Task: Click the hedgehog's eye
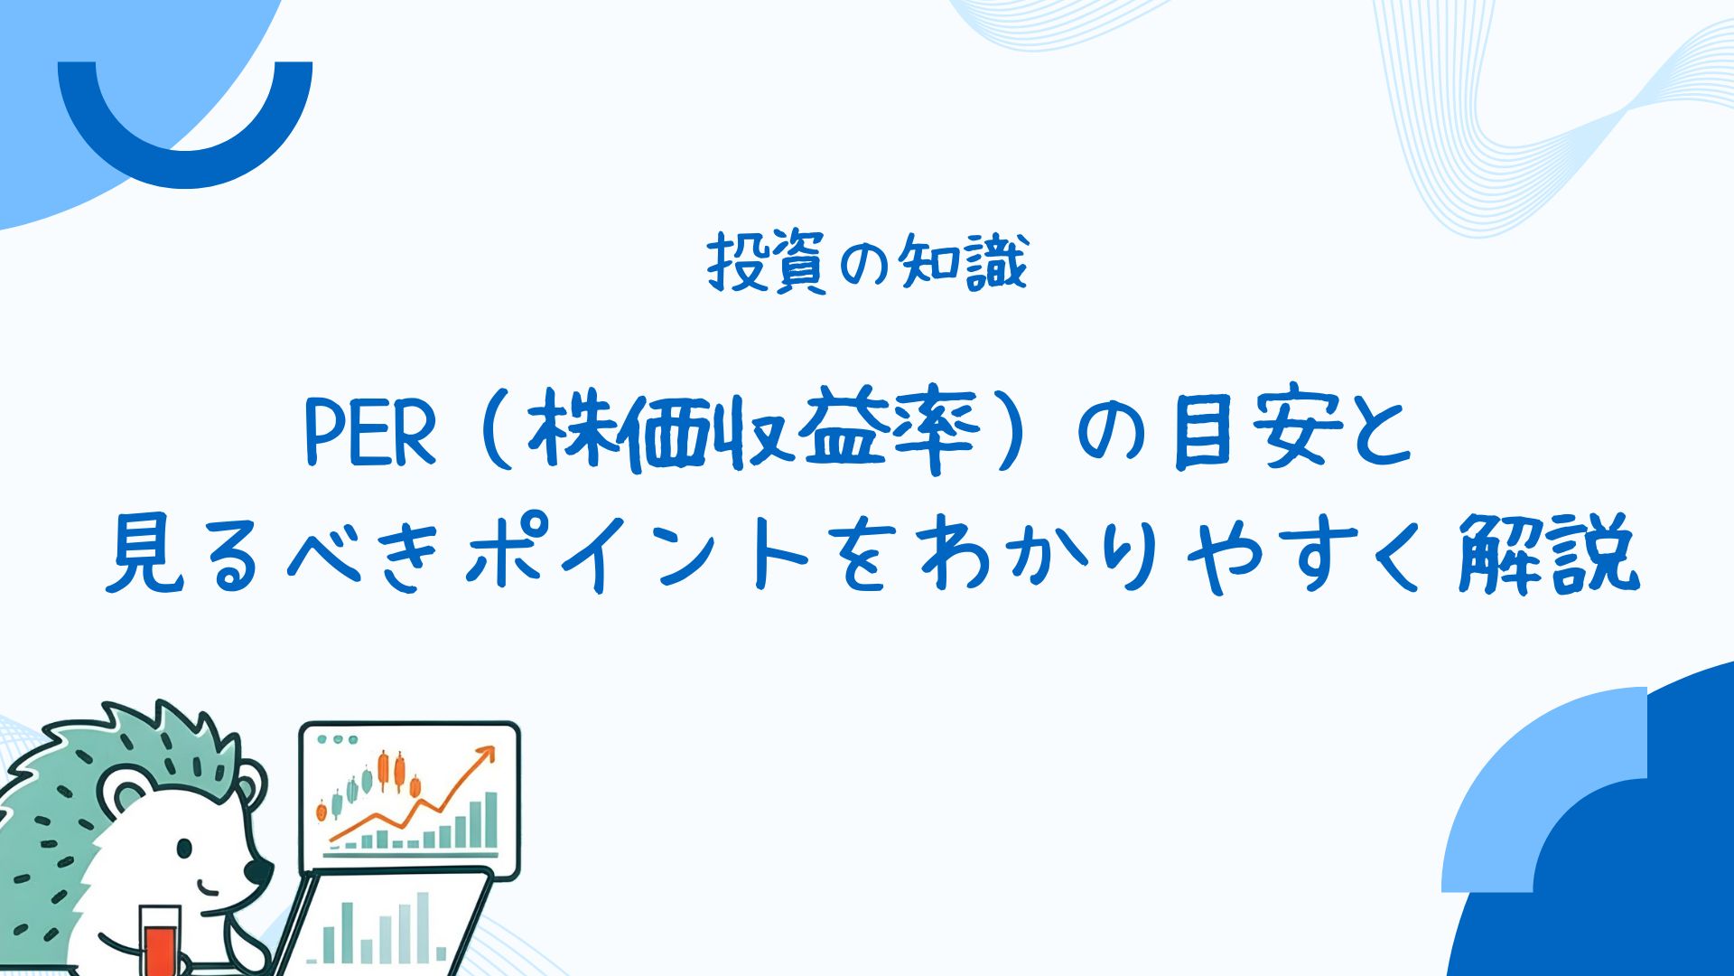[x=184, y=849]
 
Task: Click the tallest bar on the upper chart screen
[x=490, y=821]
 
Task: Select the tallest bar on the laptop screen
[x=422, y=927]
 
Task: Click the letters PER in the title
[x=370, y=436]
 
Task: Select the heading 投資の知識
[x=867, y=263]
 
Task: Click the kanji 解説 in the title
[x=1549, y=553]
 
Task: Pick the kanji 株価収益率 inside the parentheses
[x=754, y=433]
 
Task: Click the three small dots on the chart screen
[x=339, y=739]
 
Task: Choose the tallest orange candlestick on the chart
[x=384, y=771]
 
